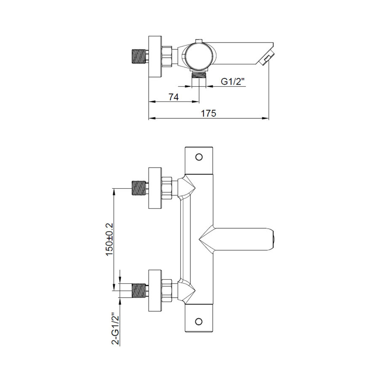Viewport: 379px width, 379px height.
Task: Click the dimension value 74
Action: click(x=173, y=97)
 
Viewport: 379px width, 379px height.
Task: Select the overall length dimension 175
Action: click(x=209, y=113)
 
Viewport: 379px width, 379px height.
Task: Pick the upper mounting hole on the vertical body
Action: click(x=200, y=157)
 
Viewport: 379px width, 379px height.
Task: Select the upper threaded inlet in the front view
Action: click(x=139, y=188)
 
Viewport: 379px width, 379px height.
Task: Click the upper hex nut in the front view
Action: click(x=167, y=188)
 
